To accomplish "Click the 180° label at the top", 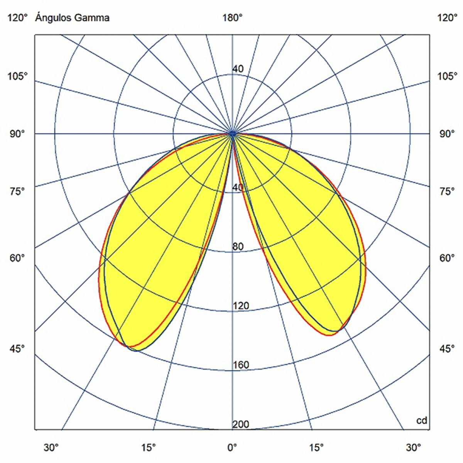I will [x=232, y=18].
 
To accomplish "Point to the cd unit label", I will [x=422, y=420].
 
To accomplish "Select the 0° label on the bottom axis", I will [x=232, y=448].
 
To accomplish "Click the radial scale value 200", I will [x=241, y=424].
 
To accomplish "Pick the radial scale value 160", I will [x=241, y=365].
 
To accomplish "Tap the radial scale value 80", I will [x=238, y=247].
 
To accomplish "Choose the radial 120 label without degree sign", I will [x=241, y=306].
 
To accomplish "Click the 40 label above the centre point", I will [x=238, y=69].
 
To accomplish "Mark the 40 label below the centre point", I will [x=238, y=188].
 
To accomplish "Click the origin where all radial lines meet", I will [x=232, y=133].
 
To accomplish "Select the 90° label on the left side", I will [x=17, y=134].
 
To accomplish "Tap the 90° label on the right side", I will [x=447, y=134].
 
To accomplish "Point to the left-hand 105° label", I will [x=17, y=76].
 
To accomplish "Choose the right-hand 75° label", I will [x=447, y=192].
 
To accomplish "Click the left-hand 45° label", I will [x=17, y=349].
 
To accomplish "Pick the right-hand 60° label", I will [x=447, y=258].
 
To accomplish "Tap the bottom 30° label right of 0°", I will [x=413, y=448].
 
